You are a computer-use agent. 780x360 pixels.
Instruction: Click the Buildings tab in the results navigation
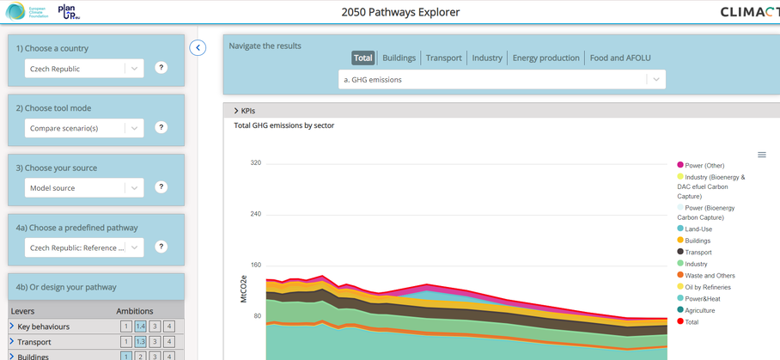[x=399, y=58]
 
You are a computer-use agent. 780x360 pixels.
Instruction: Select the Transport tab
[x=443, y=58]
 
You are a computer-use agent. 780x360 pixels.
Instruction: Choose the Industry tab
[x=487, y=58]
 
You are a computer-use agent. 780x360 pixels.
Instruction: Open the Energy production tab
[x=545, y=58]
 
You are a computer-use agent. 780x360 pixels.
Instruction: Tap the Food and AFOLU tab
[x=619, y=58]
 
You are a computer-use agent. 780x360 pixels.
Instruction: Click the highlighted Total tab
[x=363, y=58]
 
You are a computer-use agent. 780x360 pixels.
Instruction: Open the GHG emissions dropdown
[x=502, y=80]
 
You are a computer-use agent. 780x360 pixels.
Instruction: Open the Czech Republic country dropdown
[x=83, y=69]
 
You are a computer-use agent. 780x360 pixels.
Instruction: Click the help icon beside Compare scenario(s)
[x=161, y=128]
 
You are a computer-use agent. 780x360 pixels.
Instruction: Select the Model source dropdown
[x=83, y=188]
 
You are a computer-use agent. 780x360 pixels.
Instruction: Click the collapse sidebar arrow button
[x=198, y=47]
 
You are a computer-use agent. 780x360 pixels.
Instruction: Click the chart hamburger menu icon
[x=761, y=155]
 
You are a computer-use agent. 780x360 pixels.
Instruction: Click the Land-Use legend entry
[x=698, y=229]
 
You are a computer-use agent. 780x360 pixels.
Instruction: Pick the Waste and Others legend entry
[x=710, y=276]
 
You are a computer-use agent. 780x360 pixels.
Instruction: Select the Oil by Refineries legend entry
[x=709, y=287]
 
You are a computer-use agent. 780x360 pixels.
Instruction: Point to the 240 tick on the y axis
[x=255, y=214]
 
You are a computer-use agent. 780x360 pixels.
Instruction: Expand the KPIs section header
[x=245, y=111]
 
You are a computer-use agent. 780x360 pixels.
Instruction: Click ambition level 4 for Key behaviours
[x=169, y=326]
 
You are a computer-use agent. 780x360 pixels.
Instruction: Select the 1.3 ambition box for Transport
[x=140, y=342]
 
